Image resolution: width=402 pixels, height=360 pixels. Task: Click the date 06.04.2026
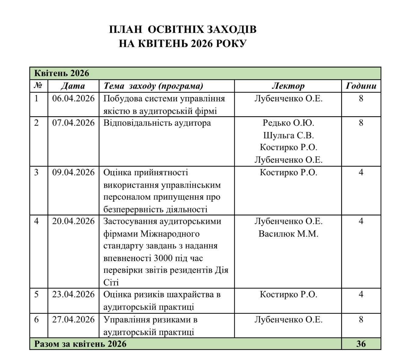[x=73, y=99]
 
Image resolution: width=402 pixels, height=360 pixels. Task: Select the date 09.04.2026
[x=73, y=173]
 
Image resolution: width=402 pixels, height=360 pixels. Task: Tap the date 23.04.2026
[x=73, y=295]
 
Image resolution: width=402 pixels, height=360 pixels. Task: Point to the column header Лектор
[x=288, y=86]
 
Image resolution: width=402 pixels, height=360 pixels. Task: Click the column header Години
[x=361, y=86]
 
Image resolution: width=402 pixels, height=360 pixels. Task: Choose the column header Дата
[x=73, y=86]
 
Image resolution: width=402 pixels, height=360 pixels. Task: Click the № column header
[x=38, y=86]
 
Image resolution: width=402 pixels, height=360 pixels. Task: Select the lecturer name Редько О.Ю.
[x=288, y=123]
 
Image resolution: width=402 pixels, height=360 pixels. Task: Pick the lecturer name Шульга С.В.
[x=288, y=135]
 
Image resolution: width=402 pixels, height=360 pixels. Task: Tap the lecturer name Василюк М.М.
[x=288, y=234]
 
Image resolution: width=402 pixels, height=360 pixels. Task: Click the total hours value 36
[x=361, y=344]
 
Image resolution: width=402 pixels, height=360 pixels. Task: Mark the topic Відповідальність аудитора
[x=157, y=123]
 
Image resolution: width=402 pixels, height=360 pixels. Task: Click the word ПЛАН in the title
[x=126, y=30]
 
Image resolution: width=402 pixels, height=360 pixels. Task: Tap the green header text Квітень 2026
[x=62, y=73]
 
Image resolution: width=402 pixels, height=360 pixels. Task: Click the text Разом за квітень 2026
[x=80, y=344]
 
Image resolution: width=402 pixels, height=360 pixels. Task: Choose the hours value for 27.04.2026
[x=361, y=320]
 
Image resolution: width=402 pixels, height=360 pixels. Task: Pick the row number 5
[x=37, y=295]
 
